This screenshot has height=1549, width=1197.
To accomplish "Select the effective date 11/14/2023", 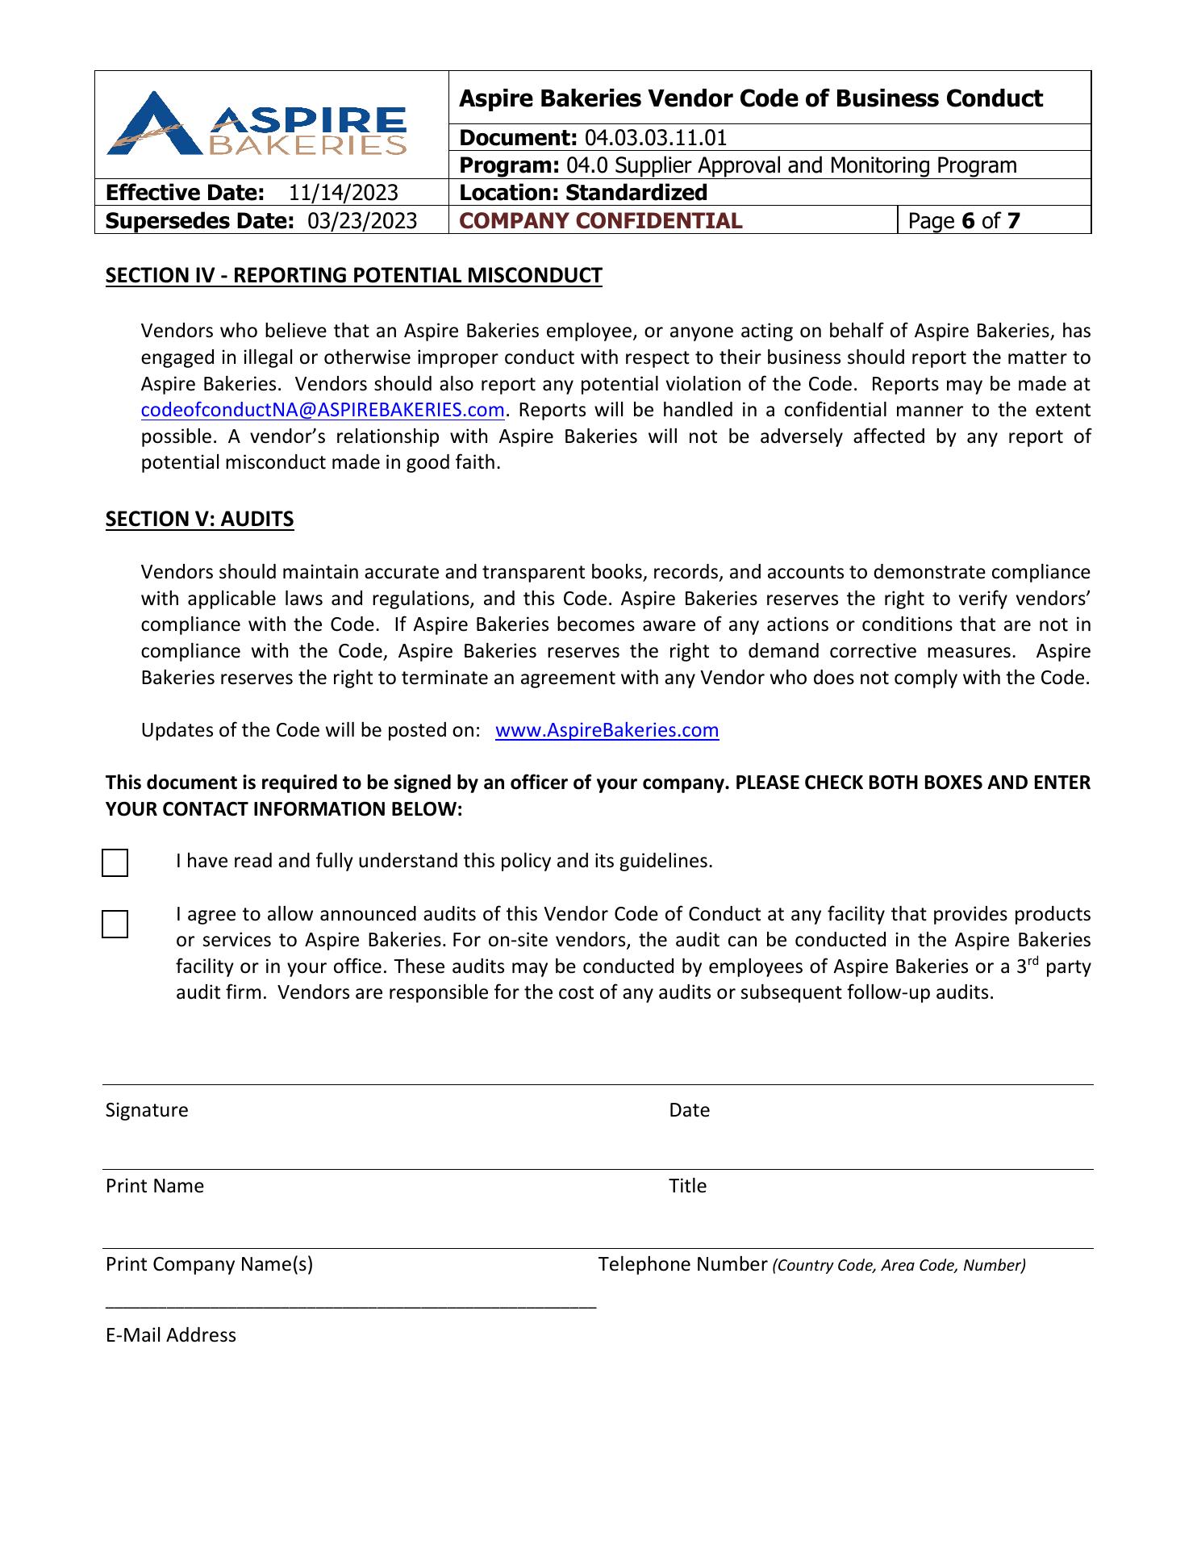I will tap(344, 193).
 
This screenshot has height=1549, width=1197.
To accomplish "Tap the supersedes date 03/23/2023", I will tap(362, 221).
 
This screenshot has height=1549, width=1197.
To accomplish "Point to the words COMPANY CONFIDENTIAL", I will tap(600, 221).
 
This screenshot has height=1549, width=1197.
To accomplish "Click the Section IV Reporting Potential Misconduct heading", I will tap(353, 276).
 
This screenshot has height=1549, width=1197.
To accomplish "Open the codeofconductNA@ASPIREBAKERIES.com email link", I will tap(323, 411).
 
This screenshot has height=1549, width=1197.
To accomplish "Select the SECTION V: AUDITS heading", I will tap(199, 519).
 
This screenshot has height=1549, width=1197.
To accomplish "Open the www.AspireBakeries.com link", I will tap(607, 731).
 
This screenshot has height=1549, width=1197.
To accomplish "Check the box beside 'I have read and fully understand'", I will tap(115, 863).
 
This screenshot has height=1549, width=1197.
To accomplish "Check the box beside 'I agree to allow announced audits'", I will tap(115, 925).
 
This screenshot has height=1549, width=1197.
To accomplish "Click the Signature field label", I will tap(147, 1111).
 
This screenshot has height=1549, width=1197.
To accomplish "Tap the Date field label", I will tap(689, 1111).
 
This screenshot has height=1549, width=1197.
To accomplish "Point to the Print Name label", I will tap(155, 1187).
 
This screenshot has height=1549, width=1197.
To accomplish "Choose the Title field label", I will tap(687, 1187).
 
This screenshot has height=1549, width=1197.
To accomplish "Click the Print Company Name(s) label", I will tap(209, 1265).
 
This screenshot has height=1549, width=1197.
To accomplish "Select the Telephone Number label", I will tap(682, 1265).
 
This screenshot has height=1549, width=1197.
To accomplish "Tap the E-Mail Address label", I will tap(171, 1336).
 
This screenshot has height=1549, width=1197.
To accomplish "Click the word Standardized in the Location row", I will tap(636, 193).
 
